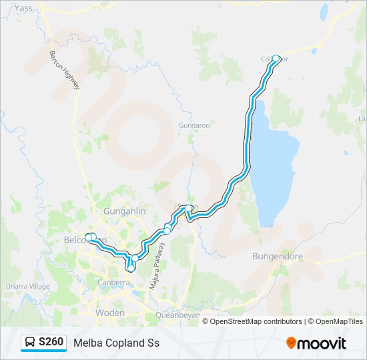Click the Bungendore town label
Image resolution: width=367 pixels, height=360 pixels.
pyautogui.click(x=278, y=256)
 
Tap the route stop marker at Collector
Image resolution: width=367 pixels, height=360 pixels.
pyautogui.click(x=276, y=58)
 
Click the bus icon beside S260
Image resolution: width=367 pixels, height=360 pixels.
pyautogui.click(x=30, y=343)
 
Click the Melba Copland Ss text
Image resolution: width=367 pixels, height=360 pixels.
pyautogui.click(x=117, y=343)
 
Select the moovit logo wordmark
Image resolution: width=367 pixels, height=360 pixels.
pyautogui.click(x=323, y=343)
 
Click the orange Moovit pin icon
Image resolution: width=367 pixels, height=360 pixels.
pyautogui.click(x=292, y=343)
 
